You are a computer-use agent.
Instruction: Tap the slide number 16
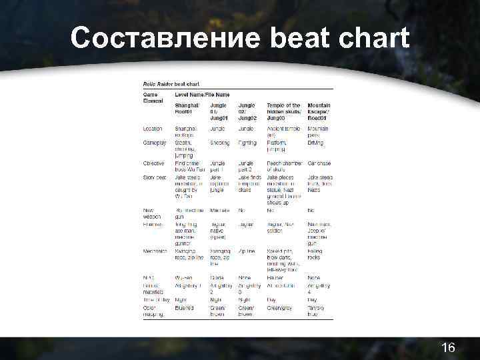click(x=448, y=347)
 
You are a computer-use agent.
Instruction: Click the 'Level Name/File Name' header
click(x=201, y=95)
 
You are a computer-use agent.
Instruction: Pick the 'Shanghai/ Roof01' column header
click(x=187, y=109)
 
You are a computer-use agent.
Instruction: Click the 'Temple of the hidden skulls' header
click(x=283, y=109)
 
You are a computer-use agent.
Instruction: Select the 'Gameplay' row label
click(x=155, y=143)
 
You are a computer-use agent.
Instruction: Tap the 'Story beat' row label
click(x=155, y=177)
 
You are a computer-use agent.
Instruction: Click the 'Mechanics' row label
click(x=155, y=251)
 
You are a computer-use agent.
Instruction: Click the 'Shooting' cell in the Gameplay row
click(x=219, y=143)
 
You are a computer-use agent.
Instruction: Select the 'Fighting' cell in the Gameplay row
click(x=247, y=143)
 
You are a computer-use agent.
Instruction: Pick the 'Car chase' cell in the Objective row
click(x=319, y=163)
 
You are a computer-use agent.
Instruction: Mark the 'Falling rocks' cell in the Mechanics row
click(x=316, y=254)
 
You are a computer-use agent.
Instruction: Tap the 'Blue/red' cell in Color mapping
click(x=185, y=308)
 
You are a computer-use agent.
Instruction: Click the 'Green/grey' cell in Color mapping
click(x=281, y=308)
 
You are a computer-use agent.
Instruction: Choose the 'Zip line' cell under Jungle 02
click(x=247, y=251)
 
